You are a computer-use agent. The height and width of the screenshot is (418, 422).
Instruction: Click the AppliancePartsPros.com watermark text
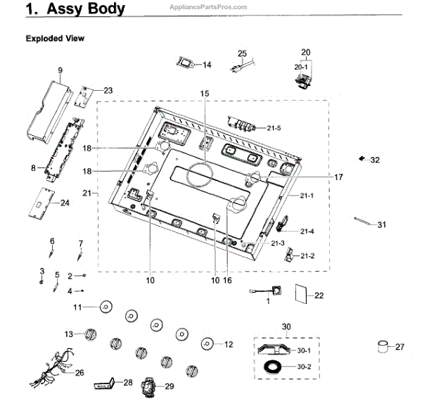(x=209, y=6)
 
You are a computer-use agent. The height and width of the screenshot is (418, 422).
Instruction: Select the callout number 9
(x=60, y=70)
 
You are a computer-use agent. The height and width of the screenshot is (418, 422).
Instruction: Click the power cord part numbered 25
(x=242, y=65)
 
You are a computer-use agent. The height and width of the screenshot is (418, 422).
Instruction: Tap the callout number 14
(x=207, y=65)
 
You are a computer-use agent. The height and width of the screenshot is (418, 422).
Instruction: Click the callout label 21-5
(x=274, y=127)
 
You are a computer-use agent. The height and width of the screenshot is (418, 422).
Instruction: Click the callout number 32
(x=375, y=160)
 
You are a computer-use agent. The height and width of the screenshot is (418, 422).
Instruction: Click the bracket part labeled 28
(x=105, y=385)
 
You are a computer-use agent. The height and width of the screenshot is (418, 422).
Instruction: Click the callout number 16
(x=227, y=280)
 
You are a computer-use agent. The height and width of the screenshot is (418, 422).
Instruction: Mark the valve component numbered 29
(x=150, y=386)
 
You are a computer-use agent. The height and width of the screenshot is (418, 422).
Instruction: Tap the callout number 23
(x=108, y=90)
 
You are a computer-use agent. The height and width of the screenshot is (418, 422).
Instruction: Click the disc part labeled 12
(x=207, y=343)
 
